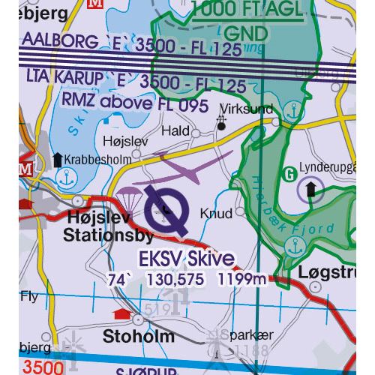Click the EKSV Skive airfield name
pos(187,258)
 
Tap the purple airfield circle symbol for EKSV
pos(165,209)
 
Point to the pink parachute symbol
pos(127,196)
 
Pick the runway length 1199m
pos(242,280)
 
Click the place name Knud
pos(216,214)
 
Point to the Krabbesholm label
pos(97,159)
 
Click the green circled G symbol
pos(289,175)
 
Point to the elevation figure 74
pos(115,280)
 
